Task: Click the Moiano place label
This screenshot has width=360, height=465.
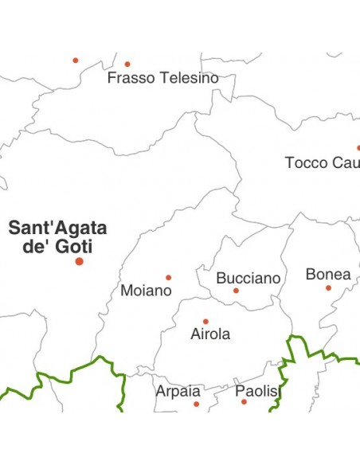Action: click(146, 291)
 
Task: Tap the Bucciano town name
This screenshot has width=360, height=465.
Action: click(248, 279)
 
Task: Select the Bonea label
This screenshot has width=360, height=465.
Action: click(328, 275)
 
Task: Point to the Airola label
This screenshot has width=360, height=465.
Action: click(210, 334)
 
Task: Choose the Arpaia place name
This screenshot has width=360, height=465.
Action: click(178, 391)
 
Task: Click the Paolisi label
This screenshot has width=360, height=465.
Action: click(258, 391)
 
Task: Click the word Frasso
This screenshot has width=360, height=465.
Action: click(131, 78)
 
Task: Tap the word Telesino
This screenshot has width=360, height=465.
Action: click(188, 78)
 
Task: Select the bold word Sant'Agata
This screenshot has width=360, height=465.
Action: click(57, 229)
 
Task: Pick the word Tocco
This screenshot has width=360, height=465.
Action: click(307, 163)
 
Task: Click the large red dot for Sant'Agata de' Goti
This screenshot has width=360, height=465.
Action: click(79, 261)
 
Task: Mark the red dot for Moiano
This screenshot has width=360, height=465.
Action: click(168, 277)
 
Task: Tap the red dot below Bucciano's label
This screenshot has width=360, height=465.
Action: click(236, 291)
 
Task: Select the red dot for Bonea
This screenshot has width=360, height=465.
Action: click(328, 287)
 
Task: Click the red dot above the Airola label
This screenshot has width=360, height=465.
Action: click(205, 321)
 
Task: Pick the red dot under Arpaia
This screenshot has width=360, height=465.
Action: click(196, 404)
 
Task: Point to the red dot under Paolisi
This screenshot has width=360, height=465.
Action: click(244, 402)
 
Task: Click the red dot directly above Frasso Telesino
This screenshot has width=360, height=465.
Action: click(127, 64)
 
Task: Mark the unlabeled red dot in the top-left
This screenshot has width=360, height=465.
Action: click(76, 60)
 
